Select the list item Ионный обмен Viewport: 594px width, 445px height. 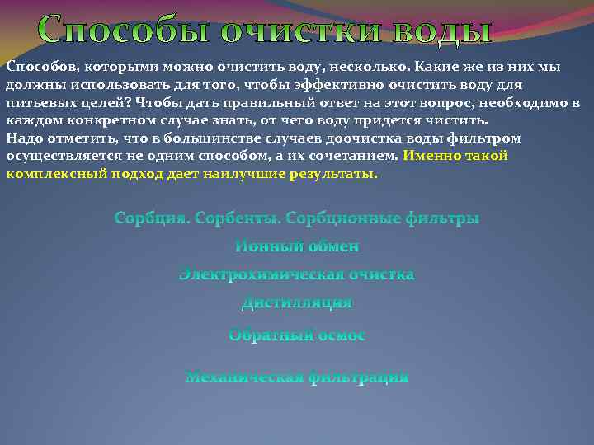pos(297,246)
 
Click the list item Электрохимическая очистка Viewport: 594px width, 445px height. pos(297,274)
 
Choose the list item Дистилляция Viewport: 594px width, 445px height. pos(297,302)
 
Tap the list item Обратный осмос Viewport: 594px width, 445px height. pos(297,335)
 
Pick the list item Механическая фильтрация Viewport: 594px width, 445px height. pos(297,377)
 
